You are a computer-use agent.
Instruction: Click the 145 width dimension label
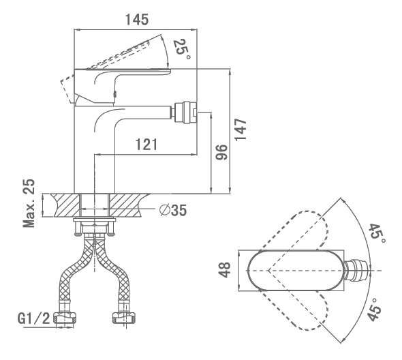tap(137, 20)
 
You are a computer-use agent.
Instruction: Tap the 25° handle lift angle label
tap(182, 49)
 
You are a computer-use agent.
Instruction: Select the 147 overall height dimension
tap(241, 130)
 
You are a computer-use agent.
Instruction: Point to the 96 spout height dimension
tap(221, 152)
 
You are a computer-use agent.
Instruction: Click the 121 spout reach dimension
tap(146, 145)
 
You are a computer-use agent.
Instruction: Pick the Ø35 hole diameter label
tap(173, 210)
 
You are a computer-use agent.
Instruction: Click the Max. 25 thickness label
tap(29, 203)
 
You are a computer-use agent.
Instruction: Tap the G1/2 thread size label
tap(33, 318)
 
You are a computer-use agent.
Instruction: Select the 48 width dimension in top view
tap(225, 270)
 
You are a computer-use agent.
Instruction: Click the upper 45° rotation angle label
tap(377, 235)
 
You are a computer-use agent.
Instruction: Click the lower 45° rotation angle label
tap(375, 310)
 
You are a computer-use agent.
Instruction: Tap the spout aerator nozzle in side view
tap(185, 112)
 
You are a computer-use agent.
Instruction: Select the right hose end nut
tap(123, 318)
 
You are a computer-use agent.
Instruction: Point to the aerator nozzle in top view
tap(356, 271)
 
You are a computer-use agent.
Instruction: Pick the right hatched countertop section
tap(127, 205)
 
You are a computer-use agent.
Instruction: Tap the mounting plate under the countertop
tap(94, 220)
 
